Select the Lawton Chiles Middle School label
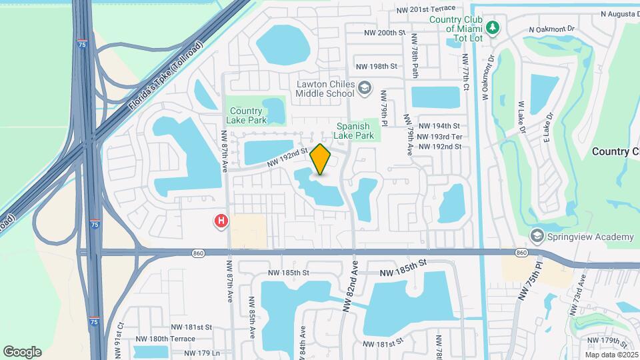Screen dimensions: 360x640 [325, 89]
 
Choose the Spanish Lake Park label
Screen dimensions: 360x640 [355, 131]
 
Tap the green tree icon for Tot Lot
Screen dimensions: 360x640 [493, 28]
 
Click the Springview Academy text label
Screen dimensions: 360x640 [591, 237]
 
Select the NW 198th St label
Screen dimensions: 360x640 [376, 67]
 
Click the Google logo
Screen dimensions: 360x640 [22, 351]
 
